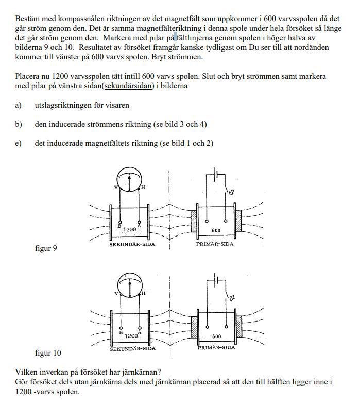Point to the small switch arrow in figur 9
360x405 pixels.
[x=231, y=192]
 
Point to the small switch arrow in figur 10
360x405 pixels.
[x=231, y=298]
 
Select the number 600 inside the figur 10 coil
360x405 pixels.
[x=216, y=336]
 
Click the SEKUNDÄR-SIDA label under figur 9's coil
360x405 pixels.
[x=132, y=245]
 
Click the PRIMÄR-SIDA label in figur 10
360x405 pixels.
[x=216, y=348]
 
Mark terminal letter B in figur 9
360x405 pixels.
[x=119, y=226]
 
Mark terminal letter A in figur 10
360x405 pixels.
[x=140, y=332]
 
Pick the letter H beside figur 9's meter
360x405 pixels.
[x=143, y=187]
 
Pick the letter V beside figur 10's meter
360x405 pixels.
[x=116, y=293]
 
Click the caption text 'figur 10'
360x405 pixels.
[x=47, y=353]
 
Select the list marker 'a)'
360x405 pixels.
[x=19, y=105]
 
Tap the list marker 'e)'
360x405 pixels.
[x=19, y=143]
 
